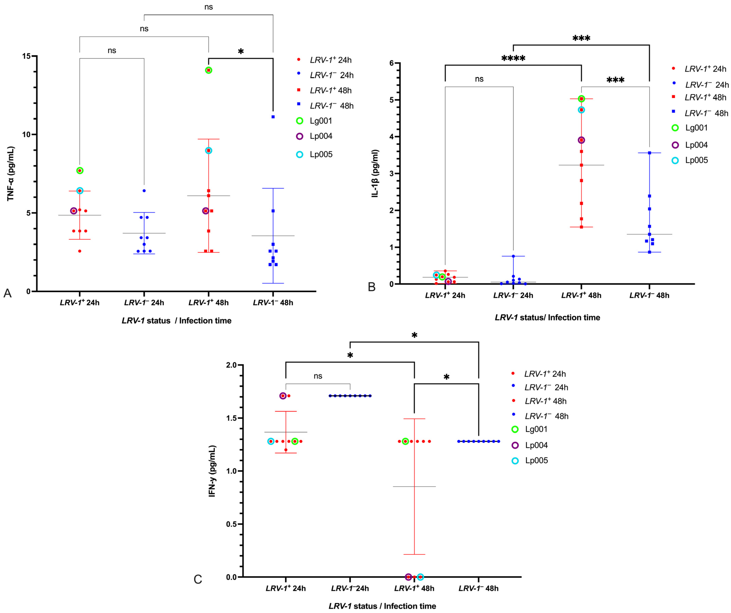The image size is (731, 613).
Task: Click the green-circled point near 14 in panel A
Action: pos(209,70)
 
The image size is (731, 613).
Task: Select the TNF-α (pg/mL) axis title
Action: pos(11,174)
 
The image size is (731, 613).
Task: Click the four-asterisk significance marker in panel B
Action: pos(513,59)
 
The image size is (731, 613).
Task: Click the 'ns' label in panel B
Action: pos(479,79)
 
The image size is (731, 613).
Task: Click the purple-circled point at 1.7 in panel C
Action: pos(283,396)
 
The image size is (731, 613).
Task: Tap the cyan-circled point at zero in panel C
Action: pos(420,577)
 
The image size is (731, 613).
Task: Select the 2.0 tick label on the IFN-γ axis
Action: pos(231,365)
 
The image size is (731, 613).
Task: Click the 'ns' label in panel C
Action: pos(318,376)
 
